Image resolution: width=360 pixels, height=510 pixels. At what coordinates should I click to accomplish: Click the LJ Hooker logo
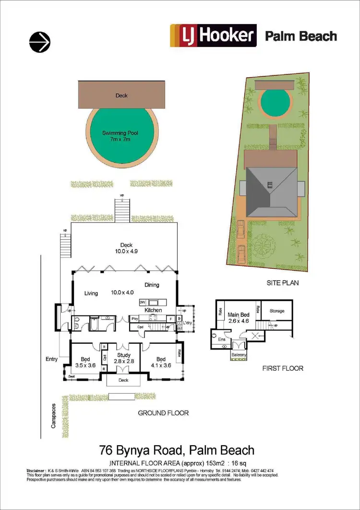[214, 36]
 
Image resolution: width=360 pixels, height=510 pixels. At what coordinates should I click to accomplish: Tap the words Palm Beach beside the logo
[301, 36]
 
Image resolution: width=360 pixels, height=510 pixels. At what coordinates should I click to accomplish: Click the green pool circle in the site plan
[276, 101]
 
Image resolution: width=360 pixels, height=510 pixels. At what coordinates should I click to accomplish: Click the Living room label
[91, 293]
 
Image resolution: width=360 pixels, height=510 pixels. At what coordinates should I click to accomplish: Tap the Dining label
[151, 285]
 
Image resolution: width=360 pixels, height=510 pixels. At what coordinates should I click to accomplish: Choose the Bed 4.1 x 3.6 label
[161, 362]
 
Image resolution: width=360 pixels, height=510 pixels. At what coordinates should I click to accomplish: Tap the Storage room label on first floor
[277, 311]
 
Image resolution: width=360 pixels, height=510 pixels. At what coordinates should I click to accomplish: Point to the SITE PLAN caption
[283, 283]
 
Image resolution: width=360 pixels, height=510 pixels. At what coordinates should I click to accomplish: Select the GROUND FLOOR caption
[163, 413]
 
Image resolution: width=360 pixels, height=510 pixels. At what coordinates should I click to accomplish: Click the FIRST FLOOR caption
[284, 368]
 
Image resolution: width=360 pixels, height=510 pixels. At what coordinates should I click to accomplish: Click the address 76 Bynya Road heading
[177, 450]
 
